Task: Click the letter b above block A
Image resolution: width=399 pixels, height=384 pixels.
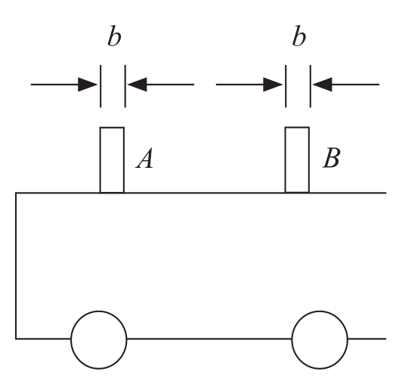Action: tap(114, 36)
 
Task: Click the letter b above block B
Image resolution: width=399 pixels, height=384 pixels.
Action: tap(299, 36)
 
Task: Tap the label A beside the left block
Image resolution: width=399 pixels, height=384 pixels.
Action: tap(145, 158)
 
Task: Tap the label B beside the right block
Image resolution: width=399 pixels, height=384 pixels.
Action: tap(331, 158)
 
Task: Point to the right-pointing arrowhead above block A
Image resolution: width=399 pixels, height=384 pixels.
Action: tap(88, 84)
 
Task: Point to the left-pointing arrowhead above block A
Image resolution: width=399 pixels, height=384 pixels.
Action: tap(138, 84)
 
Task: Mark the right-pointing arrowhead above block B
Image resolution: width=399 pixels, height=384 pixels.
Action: tap(273, 84)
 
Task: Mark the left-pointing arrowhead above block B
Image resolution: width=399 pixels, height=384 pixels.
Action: tap(323, 84)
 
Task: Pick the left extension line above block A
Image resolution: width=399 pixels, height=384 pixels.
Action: tap(101, 86)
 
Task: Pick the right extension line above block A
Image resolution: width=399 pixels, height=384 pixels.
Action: tap(125, 86)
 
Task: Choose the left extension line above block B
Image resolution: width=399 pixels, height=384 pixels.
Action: tap(286, 86)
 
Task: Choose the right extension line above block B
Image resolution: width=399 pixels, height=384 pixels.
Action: tap(311, 86)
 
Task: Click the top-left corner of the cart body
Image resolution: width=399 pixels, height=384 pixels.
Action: tap(16, 194)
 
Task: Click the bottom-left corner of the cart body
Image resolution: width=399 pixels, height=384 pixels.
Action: tap(16, 339)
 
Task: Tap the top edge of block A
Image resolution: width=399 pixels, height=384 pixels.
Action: tap(112, 128)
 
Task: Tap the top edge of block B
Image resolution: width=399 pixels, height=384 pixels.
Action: tap(297, 127)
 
